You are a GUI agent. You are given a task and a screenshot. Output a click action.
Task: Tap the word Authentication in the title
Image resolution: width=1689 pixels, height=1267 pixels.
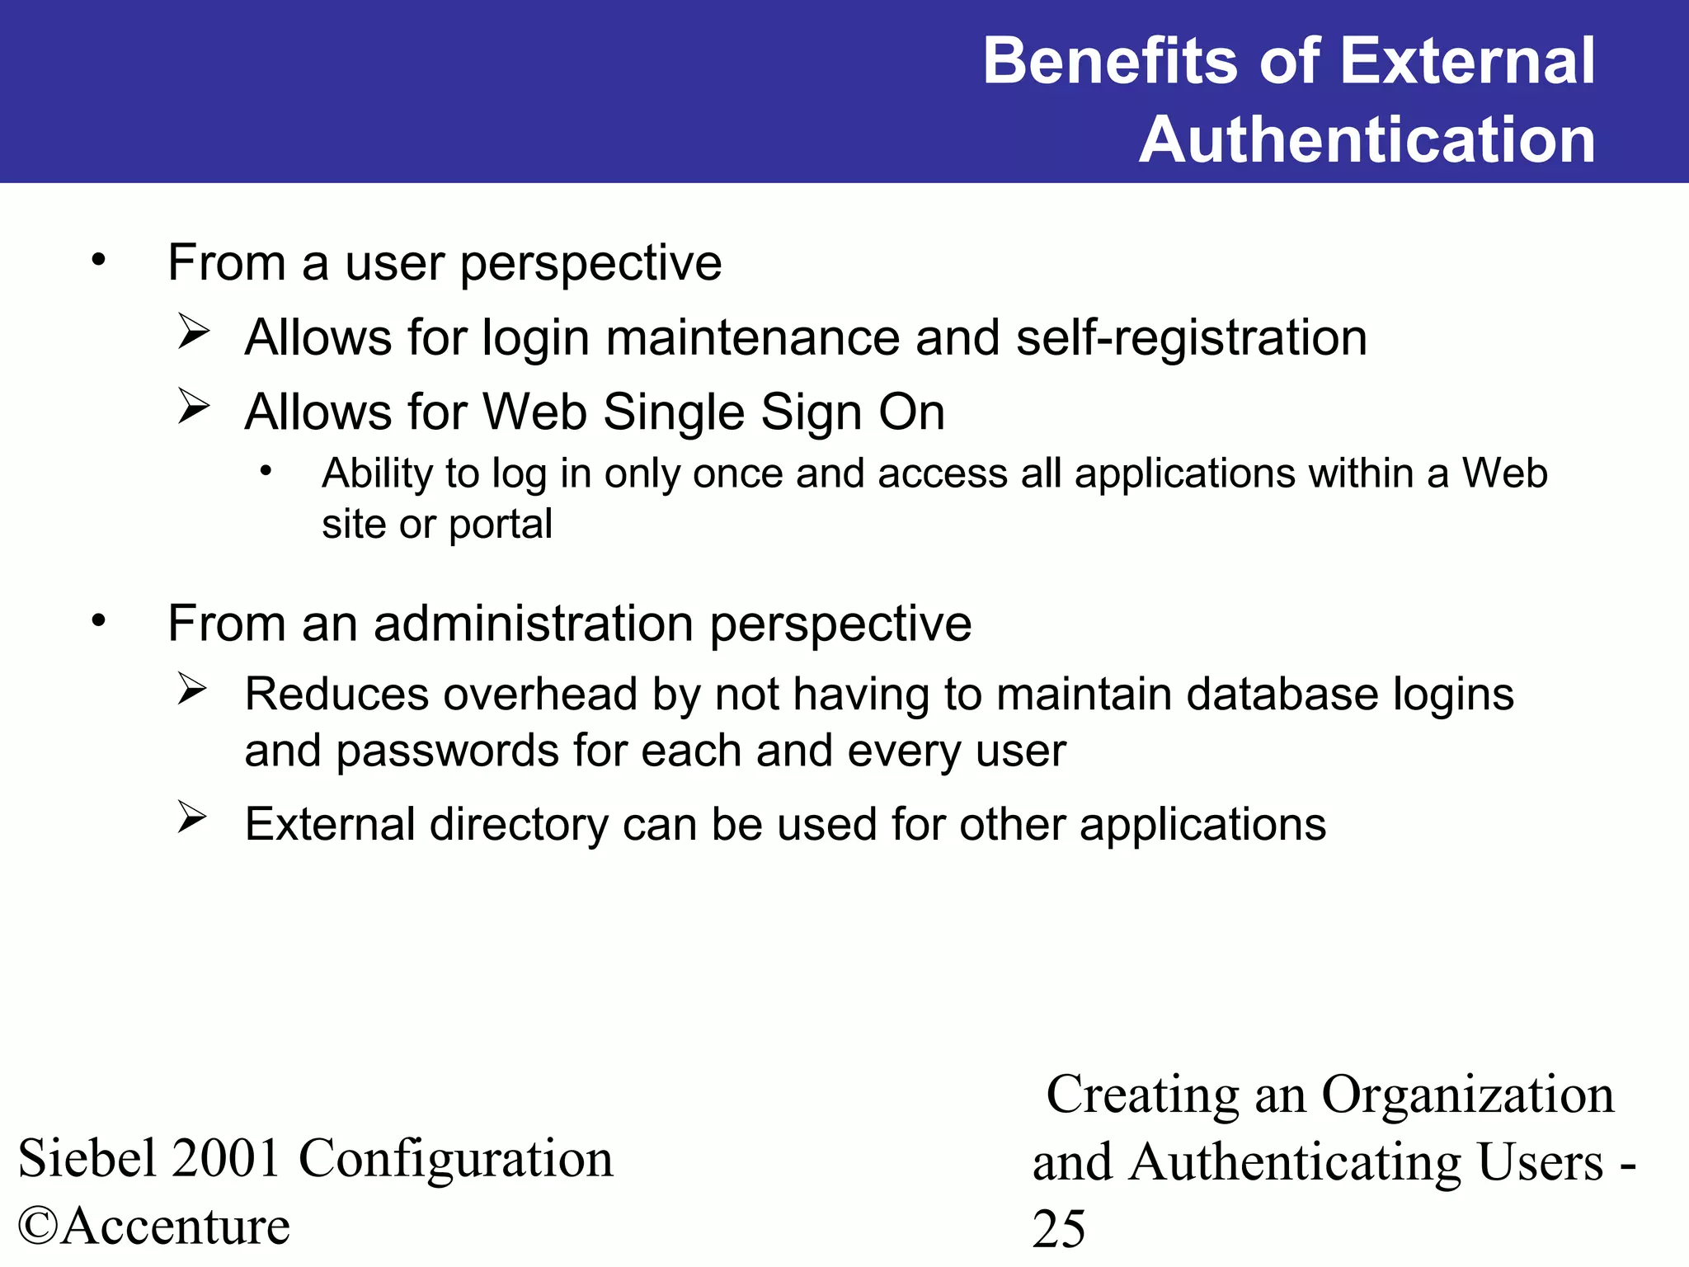point(1367,139)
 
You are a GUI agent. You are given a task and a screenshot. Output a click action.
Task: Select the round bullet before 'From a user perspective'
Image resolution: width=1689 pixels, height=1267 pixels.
point(99,261)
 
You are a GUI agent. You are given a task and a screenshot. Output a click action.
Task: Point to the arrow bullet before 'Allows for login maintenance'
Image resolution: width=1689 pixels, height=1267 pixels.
point(194,333)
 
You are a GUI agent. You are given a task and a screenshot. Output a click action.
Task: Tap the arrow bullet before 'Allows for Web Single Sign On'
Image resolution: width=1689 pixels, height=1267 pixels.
point(194,407)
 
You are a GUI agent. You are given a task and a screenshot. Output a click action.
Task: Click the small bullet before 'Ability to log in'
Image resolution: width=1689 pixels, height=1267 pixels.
point(265,472)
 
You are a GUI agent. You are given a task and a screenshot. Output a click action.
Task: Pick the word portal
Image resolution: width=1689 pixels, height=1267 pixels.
point(501,525)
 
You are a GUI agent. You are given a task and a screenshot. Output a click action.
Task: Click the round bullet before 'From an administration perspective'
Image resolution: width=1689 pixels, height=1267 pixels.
point(99,620)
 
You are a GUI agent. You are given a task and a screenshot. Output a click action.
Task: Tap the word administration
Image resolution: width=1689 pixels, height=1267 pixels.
point(533,623)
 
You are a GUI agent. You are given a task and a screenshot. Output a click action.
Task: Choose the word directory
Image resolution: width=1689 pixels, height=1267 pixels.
point(518,825)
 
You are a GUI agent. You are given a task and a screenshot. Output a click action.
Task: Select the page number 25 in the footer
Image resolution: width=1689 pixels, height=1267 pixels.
point(1059,1229)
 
